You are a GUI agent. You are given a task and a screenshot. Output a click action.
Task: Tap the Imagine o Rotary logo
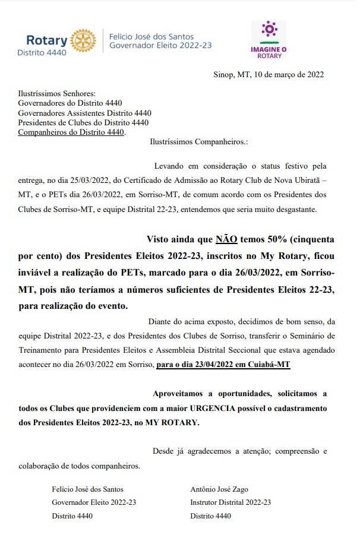tap(270, 40)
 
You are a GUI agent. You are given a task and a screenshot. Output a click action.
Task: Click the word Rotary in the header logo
tap(47, 40)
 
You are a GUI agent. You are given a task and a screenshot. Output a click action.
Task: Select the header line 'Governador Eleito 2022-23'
tap(160, 45)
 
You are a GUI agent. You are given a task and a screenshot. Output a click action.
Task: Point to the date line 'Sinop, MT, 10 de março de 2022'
tap(269, 74)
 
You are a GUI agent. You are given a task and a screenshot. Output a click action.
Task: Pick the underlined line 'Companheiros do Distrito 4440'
tap(71, 132)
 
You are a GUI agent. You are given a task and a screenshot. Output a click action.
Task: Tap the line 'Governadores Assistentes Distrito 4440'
tap(85, 113)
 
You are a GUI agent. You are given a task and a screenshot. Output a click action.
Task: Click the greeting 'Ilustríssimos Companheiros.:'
tap(198, 142)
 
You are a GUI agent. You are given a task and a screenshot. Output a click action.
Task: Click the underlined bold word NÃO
tap(226, 239)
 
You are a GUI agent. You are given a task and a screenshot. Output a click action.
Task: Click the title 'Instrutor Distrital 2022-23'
tap(230, 502)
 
